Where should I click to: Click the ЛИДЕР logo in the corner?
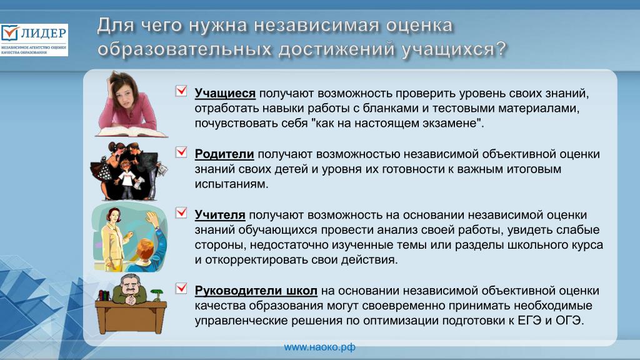click(34, 39)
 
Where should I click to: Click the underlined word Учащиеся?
click(225, 94)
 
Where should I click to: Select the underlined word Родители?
click(224, 154)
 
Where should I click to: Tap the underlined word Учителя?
click(219, 215)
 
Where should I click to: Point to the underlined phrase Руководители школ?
click(256, 291)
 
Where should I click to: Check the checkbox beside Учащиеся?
click(181, 91)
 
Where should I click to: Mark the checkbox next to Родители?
click(181, 152)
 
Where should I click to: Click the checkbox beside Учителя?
click(181, 212)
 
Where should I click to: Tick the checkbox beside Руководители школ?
click(181, 288)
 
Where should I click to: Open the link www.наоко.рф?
click(319, 347)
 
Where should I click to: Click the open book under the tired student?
click(131, 132)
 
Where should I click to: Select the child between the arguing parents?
click(126, 179)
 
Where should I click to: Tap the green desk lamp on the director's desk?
click(156, 294)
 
